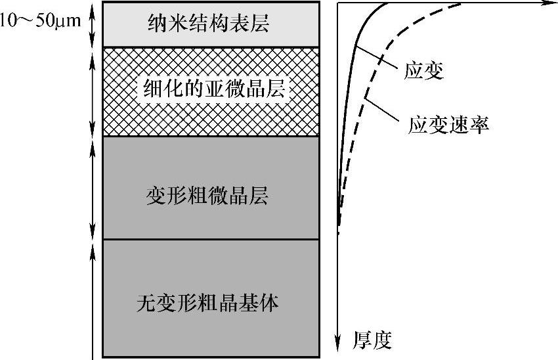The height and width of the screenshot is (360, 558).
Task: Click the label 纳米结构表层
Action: tap(208, 25)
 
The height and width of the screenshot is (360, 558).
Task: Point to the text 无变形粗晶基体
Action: tap(208, 304)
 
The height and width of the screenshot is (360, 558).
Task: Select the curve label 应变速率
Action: tap(448, 125)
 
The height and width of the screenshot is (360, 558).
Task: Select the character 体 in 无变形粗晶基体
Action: tap(270, 304)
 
